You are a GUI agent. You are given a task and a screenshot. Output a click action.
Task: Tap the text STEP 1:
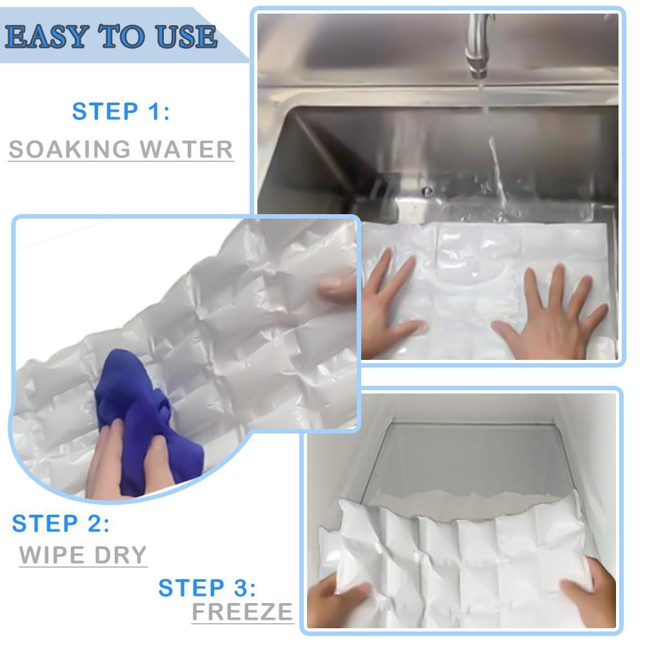(121, 111)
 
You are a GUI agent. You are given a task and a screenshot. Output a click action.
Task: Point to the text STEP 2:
(61, 523)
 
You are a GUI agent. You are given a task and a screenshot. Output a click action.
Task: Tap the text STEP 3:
(207, 588)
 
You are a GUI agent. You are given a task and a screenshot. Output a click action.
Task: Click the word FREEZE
(243, 611)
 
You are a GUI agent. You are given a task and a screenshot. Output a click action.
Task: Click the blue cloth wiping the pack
(139, 419)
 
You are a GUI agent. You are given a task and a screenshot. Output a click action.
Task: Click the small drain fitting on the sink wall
(425, 190)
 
